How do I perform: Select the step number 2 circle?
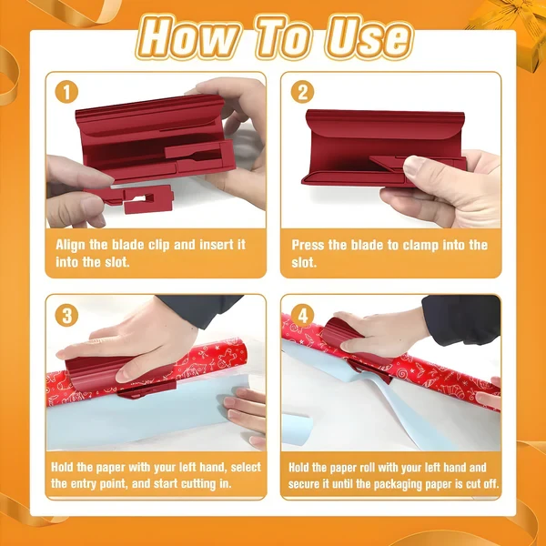click(x=303, y=92)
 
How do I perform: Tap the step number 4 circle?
click(x=303, y=316)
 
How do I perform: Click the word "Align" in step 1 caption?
click(x=73, y=245)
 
